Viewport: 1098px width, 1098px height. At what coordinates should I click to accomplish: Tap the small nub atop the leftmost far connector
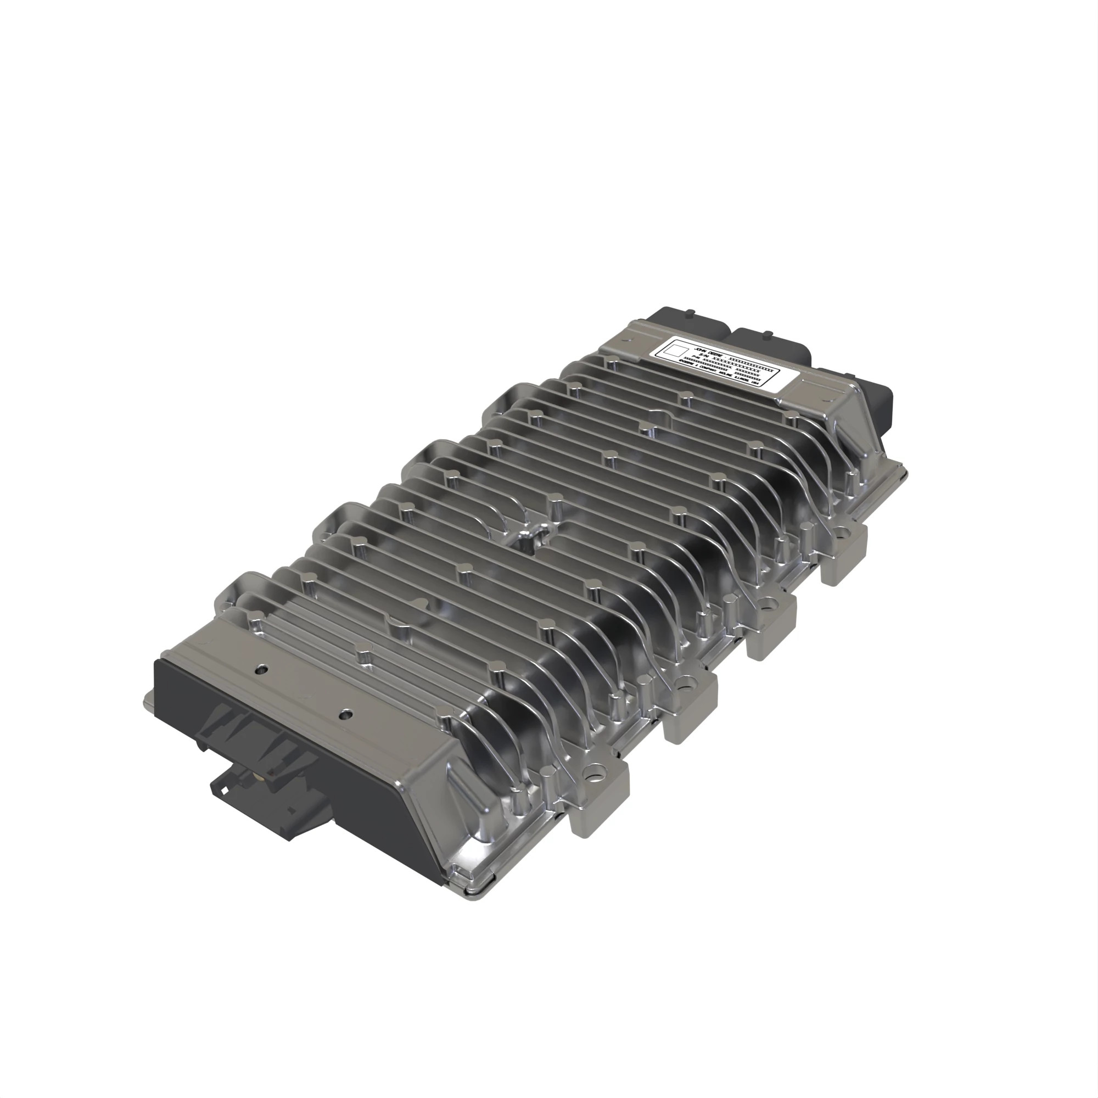pyautogui.click(x=689, y=311)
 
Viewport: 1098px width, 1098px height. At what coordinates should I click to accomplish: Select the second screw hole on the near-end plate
pyautogui.click(x=346, y=714)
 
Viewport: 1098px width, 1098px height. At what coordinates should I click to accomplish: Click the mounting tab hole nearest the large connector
pyautogui.click(x=595, y=774)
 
